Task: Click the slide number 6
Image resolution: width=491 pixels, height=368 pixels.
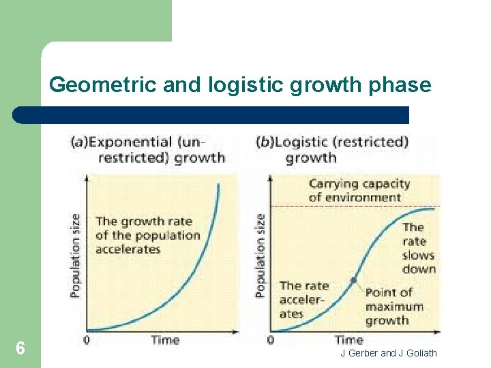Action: click(x=20, y=349)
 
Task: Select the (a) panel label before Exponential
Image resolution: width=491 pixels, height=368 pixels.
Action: click(x=78, y=142)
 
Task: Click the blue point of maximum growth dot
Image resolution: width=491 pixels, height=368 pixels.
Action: click(x=353, y=280)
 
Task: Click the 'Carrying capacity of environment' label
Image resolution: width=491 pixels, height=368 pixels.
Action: click(x=359, y=191)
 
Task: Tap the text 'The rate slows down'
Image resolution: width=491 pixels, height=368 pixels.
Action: click(x=417, y=248)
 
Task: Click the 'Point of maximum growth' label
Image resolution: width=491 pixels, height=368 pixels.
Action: click(x=393, y=306)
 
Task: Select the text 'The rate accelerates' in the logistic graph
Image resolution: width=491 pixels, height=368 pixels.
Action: click(x=303, y=300)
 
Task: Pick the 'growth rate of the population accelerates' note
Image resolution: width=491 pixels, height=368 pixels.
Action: click(x=147, y=235)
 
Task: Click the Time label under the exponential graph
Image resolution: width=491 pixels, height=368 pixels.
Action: click(x=165, y=339)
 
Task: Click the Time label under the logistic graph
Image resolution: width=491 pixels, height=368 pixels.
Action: click(x=348, y=339)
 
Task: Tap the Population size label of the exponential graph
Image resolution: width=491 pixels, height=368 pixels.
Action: click(x=76, y=255)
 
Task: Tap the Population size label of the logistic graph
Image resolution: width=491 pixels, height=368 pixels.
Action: click(x=260, y=255)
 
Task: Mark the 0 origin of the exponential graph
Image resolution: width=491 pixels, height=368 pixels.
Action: click(x=87, y=339)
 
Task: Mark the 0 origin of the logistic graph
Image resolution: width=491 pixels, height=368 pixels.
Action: click(x=271, y=339)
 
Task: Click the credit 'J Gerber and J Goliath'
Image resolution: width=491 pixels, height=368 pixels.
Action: click(x=388, y=353)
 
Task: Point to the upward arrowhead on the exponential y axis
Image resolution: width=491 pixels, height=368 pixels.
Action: click(x=87, y=176)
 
